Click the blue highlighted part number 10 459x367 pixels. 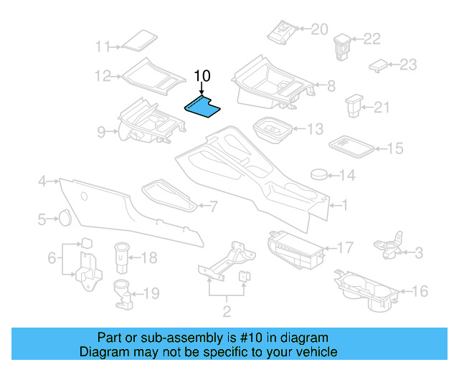(x=202, y=107)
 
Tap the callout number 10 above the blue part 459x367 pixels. (x=202, y=75)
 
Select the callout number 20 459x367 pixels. (x=318, y=29)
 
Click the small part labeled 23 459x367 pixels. (x=378, y=65)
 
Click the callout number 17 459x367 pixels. (x=345, y=248)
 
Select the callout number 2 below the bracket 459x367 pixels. (x=227, y=310)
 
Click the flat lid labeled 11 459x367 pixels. (x=138, y=40)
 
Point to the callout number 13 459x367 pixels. (x=315, y=130)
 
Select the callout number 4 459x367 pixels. (x=42, y=181)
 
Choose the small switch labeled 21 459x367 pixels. (x=355, y=106)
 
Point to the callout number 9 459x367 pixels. (x=101, y=131)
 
